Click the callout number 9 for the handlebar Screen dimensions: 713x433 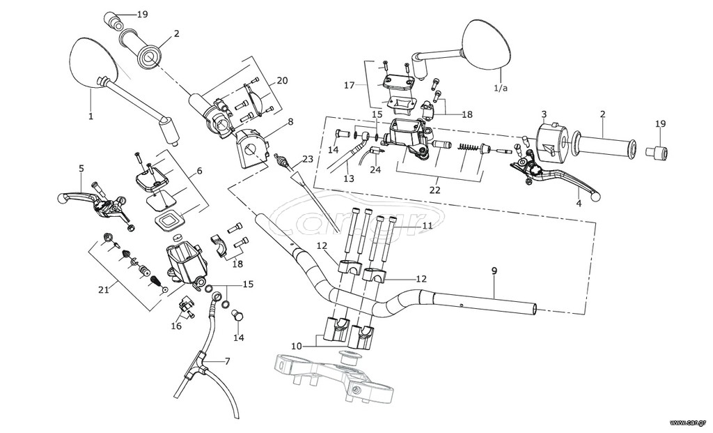click(494, 271)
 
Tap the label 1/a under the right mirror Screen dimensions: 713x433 click(500, 88)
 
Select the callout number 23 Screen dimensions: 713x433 click(308, 160)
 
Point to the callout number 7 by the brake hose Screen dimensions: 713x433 click(227, 361)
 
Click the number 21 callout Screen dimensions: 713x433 click(104, 289)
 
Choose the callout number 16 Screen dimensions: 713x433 click(176, 326)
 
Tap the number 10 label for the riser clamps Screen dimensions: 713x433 click(297, 347)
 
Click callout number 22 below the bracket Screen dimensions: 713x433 click(434, 190)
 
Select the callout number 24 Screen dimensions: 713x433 click(375, 169)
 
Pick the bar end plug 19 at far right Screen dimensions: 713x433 click(657, 153)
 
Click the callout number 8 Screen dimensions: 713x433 click(290, 121)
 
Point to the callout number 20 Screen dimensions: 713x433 click(282, 81)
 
